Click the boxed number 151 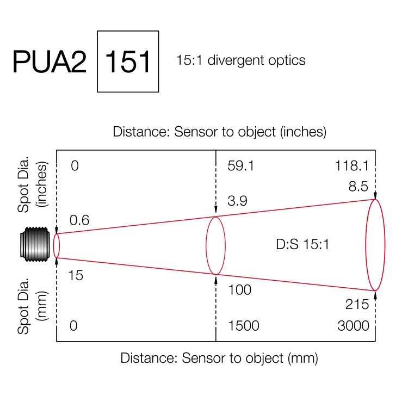pos(128,61)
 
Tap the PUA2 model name pos(50,62)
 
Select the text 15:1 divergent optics pos(240,60)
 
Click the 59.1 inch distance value pos(240,166)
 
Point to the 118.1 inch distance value pos(352,166)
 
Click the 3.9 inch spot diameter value pos(237,201)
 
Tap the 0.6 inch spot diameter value pos(79,220)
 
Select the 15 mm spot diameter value pos(76,276)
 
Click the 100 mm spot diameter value pos(240,290)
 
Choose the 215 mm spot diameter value pos(357,304)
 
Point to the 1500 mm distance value pos(244,326)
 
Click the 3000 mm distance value pos(353,326)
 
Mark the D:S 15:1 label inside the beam pos(303,245)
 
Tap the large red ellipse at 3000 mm pos(375,245)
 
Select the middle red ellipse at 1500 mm pos(215,245)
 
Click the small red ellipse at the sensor pos(57,245)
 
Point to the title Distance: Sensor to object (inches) pos(219,132)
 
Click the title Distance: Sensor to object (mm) pos(219,358)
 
